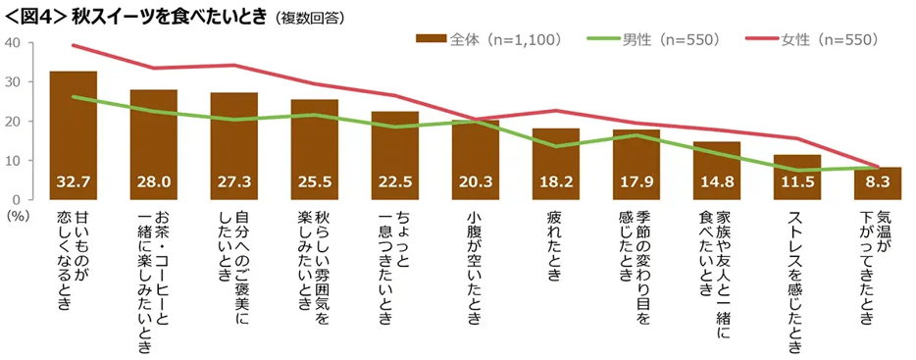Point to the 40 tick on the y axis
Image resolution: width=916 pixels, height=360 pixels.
click(x=13, y=43)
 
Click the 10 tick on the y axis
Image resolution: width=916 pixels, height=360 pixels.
click(x=13, y=161)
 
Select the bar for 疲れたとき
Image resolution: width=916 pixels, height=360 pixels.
click(x=555, y=157)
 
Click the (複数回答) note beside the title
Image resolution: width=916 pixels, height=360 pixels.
click(x=308, y=17)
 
